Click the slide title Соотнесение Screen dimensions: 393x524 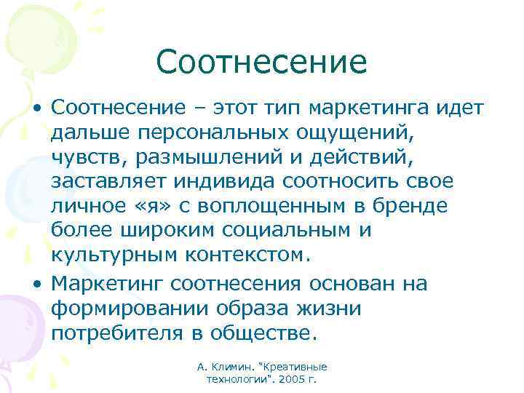(x=261, y=62)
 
